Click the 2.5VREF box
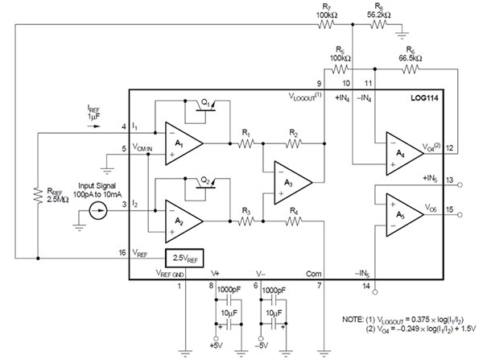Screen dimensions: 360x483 coord(185,259)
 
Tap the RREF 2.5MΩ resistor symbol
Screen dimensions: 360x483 coord(37,194)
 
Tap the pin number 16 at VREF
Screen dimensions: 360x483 coord(122,253)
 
